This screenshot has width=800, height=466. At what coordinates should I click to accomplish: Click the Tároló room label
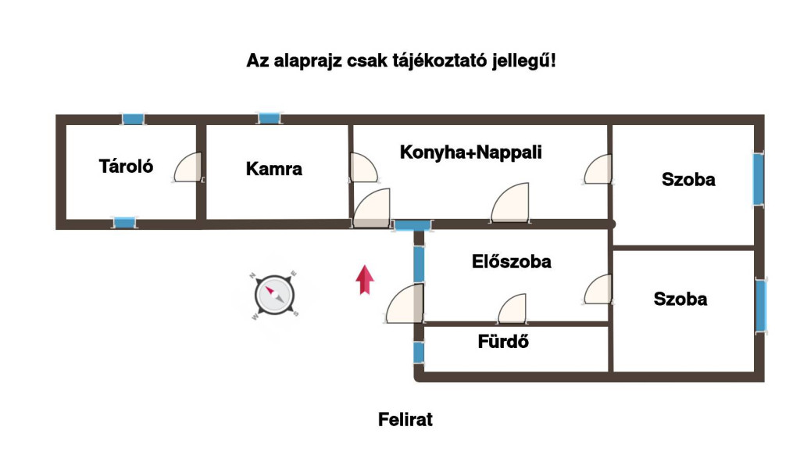[x=126, y=167]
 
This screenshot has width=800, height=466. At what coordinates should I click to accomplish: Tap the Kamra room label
[x=274, y=169]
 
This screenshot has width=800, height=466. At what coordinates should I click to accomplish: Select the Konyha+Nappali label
[x=470, y=152]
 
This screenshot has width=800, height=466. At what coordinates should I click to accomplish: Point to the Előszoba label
[x=511, y=261]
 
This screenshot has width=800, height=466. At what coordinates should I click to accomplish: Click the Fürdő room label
[x=503, y=342]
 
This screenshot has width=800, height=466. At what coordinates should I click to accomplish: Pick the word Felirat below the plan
[x=405, y=420]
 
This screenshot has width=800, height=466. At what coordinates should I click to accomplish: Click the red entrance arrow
[x=365, y=280]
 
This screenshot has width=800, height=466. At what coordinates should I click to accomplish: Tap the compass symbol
[x=274, y=296]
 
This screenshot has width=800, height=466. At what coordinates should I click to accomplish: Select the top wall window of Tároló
[x=133, y=120]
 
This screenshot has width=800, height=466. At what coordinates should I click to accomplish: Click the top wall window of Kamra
[x=270, y=118]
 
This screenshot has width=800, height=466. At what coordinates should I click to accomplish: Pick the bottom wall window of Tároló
[x=124, y=223]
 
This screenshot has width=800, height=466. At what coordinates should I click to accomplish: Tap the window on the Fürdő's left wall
[x=419, y=352]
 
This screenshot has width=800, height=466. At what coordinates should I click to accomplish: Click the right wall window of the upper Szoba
[x=759, y=179]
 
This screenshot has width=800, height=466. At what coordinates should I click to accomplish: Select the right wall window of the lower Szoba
[x=761, y=306]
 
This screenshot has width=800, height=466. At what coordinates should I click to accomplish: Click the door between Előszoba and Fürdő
[x=512, y=309]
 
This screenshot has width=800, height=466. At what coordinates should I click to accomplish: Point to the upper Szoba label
[x=688, y=180]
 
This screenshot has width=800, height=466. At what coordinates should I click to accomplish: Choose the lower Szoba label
[x=680, y=299]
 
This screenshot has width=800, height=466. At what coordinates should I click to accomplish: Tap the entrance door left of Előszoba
[x=404, y=303]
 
